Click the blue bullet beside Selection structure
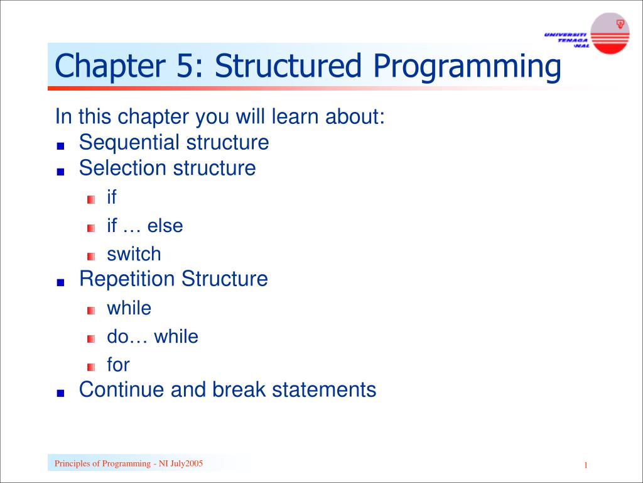tap(60, 171)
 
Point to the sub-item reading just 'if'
tap(112, 197)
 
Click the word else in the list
tap(165, 226)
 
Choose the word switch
tap(134, 254)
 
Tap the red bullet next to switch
tap(91, 256)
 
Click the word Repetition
tap(127, 279)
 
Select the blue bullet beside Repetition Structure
tap(60, 282)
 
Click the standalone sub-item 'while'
tap(129, 308)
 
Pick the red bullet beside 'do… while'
tap(91, 338)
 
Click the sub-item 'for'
tap(118, 365)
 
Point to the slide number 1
tap(585, 465)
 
